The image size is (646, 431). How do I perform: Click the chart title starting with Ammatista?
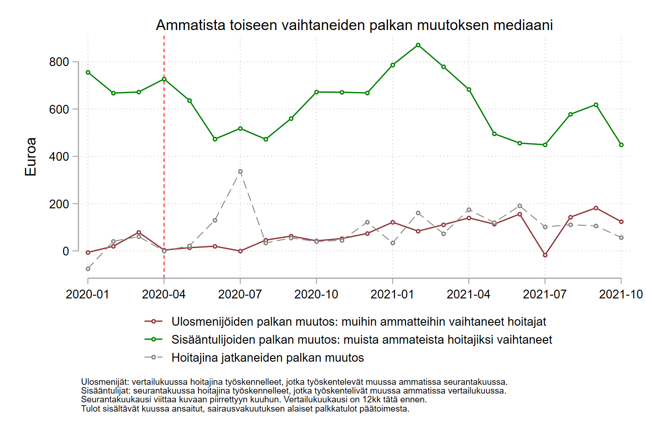tap(354, 25)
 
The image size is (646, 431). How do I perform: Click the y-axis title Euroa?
tap(30, 157)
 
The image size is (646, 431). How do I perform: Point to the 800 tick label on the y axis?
tap(59, 62)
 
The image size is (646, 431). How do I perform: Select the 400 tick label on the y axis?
tap(59, 157)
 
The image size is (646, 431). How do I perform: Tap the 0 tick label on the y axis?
tap(66, 251)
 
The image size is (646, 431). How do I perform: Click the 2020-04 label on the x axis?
tap(164, 294)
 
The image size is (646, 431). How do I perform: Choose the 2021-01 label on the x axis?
tap(392, 294)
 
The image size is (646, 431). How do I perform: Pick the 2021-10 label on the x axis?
tap(621, 294)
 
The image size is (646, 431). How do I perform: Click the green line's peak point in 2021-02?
tap(418, 45)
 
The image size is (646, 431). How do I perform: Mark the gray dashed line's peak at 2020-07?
tap(240, 171)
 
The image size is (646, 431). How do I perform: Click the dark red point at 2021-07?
tap(545, 255)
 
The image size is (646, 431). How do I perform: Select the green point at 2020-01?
tap(88, 73)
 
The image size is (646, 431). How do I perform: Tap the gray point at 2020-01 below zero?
tap(88, 269)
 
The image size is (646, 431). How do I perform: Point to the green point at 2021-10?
tap(621, 145)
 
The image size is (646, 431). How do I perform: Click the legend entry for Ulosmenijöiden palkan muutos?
tap(359, 322)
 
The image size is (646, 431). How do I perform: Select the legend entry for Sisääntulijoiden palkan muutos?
tap(361, 340)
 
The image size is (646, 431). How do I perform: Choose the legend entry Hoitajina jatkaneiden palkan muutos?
tap(268, 358)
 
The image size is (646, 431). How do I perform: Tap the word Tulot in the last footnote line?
tap(90, 409)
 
